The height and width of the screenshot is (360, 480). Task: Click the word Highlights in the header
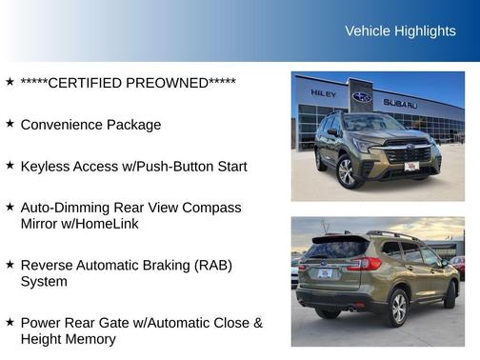click(427, 31)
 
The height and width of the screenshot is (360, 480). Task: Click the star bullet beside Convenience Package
click(10, 124)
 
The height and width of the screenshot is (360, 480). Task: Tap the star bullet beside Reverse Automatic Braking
click(10, 264)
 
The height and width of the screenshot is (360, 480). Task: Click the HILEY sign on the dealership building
click(324, 93)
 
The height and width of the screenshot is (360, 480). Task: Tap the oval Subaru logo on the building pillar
click(361, 96)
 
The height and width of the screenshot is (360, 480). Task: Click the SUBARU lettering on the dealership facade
click(400, 103)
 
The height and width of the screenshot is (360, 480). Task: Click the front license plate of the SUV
click(411, 167)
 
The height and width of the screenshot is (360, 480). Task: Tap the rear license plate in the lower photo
click(324, 273)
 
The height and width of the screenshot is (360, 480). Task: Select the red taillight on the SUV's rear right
click(365, 264)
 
